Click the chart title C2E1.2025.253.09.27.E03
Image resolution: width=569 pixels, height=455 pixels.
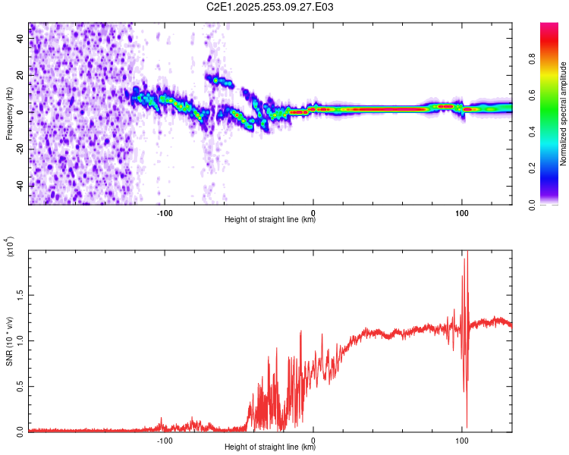270,7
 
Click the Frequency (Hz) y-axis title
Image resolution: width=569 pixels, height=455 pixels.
9,114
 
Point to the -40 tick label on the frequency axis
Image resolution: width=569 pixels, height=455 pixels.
19,186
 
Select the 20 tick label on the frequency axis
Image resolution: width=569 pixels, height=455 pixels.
20,76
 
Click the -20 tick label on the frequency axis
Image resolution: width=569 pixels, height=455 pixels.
19,149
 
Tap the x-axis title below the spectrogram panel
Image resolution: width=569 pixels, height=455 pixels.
270,220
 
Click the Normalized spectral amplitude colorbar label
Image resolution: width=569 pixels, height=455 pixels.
564,114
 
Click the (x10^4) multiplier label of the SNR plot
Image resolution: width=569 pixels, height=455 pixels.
9,246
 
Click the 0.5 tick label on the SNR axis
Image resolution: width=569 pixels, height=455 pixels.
18,386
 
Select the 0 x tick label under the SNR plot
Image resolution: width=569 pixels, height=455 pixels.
313,439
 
